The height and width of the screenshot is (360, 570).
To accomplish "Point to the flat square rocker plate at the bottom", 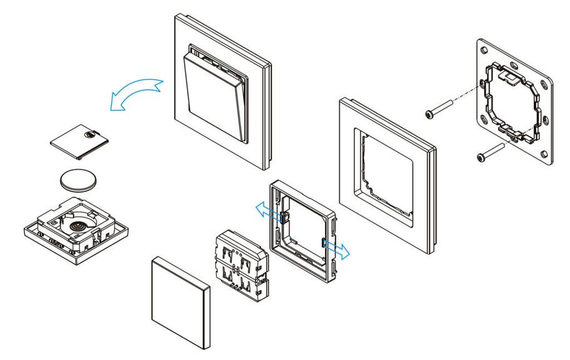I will (x=180, y=300).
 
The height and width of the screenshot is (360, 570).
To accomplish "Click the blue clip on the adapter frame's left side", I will (x=283, y=217).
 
